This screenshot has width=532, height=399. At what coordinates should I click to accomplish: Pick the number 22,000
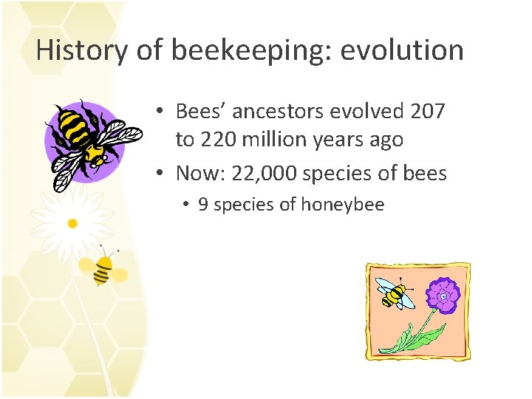[265, 174]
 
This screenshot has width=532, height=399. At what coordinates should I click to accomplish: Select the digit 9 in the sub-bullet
[202, 205]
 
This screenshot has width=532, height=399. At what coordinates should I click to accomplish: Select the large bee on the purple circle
[86, 140]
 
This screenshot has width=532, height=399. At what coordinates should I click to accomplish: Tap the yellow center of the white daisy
[72, 222]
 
